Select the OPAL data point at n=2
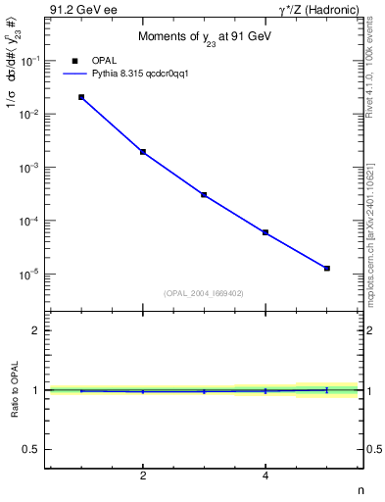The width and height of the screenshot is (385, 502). (143, 152)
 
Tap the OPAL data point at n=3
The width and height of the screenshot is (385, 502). (204, 195)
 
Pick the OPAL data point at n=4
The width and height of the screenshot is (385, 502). (265, 232)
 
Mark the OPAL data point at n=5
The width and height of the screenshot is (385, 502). (327, 268)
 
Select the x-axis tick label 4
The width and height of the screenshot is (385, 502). (265, 476)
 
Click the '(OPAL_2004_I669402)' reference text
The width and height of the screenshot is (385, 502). (204, 292)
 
